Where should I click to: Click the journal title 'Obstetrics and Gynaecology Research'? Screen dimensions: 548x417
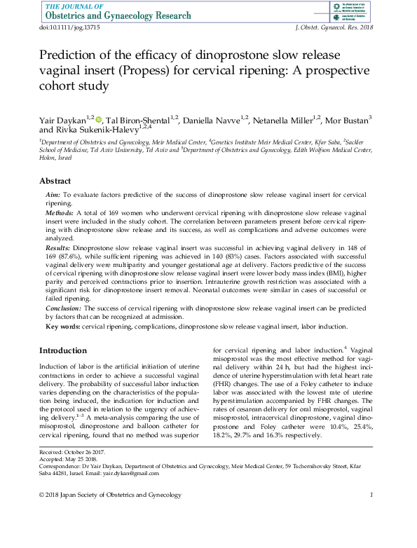point(119,16)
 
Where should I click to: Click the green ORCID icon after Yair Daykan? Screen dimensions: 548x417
point(99,119)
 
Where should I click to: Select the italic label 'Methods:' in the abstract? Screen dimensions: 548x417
point(60,211)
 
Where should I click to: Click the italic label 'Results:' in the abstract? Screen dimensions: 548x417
point(58,248)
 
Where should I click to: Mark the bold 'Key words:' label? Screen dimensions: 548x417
point(62,326)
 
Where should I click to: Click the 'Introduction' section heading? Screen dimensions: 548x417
point(64,350)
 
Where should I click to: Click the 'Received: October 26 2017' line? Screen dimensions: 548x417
point(74,453)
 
